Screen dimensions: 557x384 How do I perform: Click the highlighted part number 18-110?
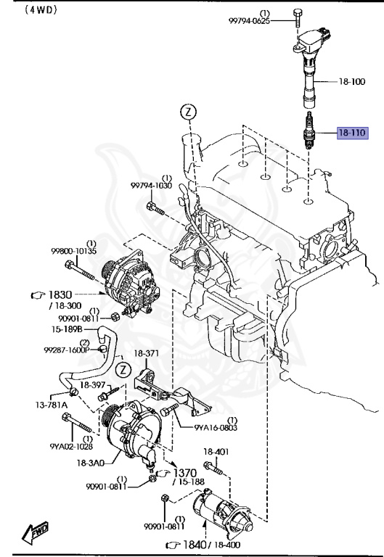tap(352, 133)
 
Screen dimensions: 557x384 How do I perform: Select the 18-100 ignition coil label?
tap(353, 82)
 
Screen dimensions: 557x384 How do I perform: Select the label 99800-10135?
tap(73, 251)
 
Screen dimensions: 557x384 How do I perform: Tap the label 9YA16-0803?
tap(215, 427)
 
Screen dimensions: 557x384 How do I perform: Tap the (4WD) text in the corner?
tap(21, 10)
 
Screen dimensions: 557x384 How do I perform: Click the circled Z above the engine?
tap(189, 112)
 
